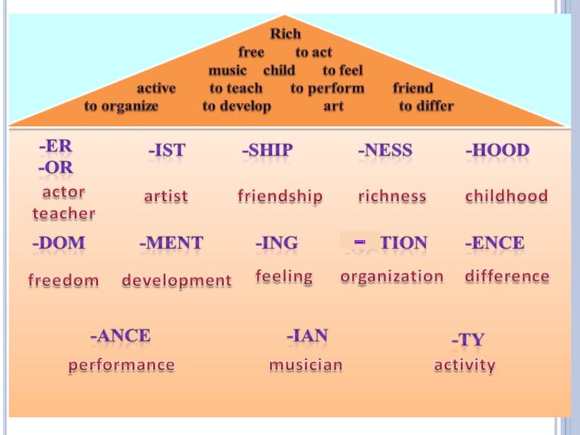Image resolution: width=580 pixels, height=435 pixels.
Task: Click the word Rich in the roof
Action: [x=285, y=34]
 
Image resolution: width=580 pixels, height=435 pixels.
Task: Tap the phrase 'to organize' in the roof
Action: [x=121, y=106]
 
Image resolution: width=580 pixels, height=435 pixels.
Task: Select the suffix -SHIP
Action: [x=267, y=151]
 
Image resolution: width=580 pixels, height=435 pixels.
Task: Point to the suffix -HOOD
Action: [x=497, y=151]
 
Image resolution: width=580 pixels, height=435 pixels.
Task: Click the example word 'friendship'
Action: [x=280, y=196]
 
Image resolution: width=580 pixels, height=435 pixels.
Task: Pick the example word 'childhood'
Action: [x=506, y=196]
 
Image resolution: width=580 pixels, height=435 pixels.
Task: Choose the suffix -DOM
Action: [x=59, y=244]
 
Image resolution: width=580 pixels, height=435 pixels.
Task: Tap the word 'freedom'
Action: [x=63, y=281]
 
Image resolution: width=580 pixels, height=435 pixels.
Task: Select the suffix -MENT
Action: [x=171, y=244]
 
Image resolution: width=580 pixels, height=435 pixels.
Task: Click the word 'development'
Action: [x=177, y=281]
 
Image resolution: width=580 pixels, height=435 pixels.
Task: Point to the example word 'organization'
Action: [x=391, y=276]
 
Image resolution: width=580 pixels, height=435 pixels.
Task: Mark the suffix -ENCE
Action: [x=494, y=244]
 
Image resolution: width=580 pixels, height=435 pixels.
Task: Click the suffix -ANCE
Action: [x=120, y=336]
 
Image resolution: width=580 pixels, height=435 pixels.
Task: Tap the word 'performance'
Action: [x=122, y=365]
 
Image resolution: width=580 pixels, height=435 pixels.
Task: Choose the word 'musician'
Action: [x=305, y=365]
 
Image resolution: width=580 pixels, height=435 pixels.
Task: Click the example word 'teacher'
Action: [x=64, y=214]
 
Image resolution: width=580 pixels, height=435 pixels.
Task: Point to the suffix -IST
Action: [x=167, y=151]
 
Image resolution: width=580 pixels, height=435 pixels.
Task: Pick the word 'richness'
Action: [x=392, y=196]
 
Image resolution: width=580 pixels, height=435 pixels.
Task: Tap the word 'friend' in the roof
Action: [x=413, y=88]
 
